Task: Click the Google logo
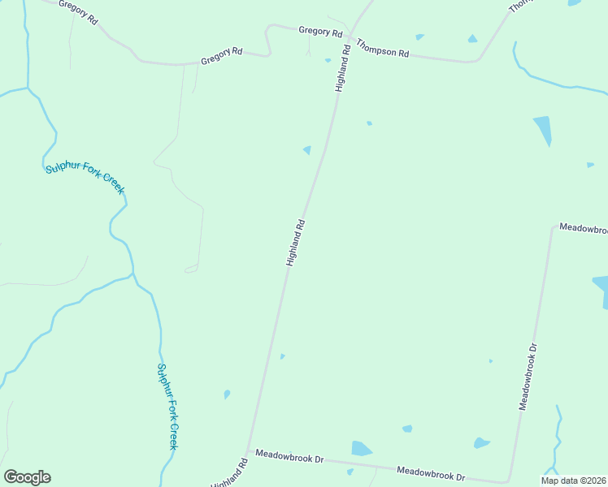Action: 27,477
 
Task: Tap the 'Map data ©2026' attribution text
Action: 572,481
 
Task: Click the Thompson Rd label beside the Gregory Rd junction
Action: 382,51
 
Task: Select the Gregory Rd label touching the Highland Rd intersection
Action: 320,32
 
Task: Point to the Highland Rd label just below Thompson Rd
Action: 343,67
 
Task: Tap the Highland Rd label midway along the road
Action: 296,242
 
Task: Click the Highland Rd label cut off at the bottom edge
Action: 229,475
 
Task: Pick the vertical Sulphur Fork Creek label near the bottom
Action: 167,406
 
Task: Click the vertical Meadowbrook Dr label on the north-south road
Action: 528,376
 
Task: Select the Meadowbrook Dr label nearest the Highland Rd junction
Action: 289,457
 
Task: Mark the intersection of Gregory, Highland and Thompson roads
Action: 349,37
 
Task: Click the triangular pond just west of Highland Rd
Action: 307,150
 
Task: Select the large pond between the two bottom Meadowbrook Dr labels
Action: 361,449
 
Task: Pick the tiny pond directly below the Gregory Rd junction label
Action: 328,59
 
